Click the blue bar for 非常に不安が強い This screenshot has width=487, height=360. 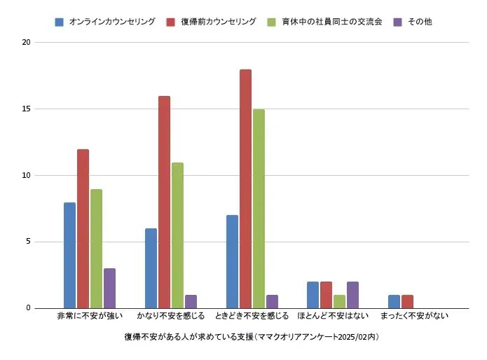coord(69,256)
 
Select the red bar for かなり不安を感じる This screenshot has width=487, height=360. coord(164,202)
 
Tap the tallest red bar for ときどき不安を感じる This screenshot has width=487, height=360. coord(245,189)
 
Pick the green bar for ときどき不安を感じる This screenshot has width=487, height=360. coord(259,209)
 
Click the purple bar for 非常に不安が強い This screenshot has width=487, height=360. coord(109,289)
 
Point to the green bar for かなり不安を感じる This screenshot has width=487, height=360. coord(177,235)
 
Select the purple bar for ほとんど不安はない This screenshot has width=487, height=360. coord(352,295)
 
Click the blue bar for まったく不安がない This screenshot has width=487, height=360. coord(394,302)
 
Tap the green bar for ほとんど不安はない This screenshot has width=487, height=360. coord(339,302)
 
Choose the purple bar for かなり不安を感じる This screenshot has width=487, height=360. coord(191,302)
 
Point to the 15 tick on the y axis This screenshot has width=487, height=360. coord(27,109)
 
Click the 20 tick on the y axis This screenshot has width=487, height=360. coord(27,42)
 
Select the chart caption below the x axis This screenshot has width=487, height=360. coord(251,337)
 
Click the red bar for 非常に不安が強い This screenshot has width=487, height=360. coord(83,229)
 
